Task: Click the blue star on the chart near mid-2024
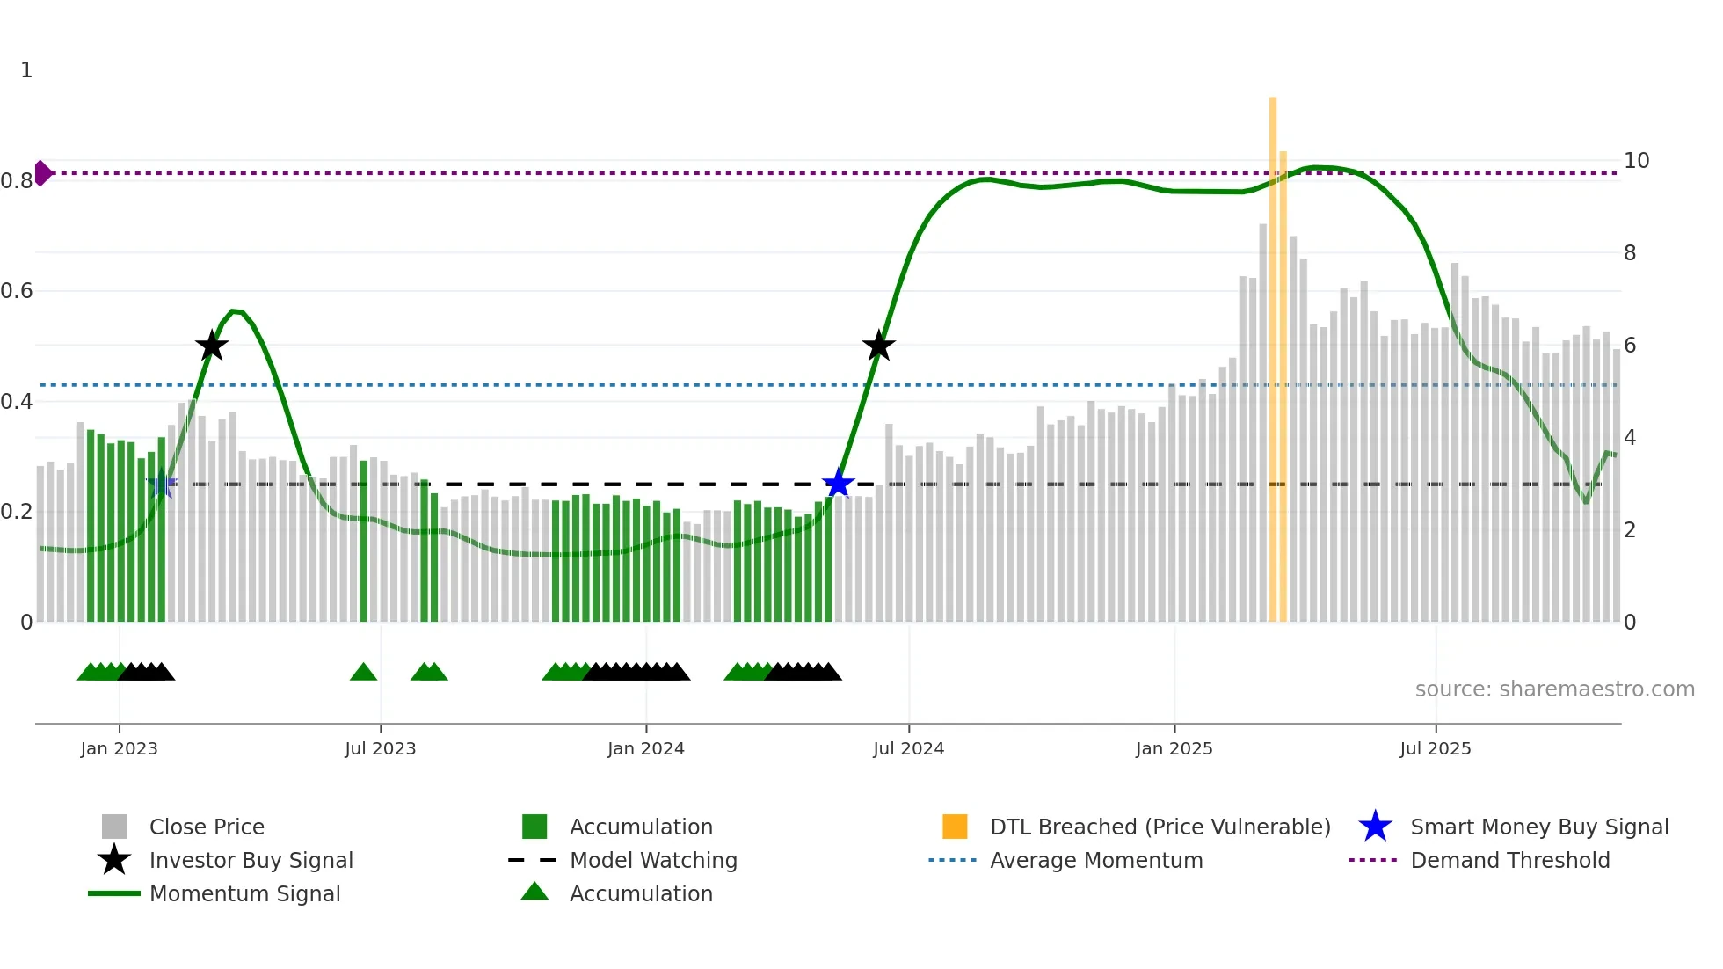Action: click(x=838, y=484)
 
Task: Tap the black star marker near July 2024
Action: click(x=878, y=346)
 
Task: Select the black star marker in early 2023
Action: click(x=211, y=346)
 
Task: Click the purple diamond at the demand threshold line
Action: click(x=42, y=173)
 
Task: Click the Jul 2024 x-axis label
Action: click(x=908, y=749)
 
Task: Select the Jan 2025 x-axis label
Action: click(x=1174, y=749)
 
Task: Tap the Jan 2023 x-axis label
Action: click(x=119, y=749)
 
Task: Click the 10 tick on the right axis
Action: click(x=1636, y=161)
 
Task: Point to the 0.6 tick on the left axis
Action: click(x=17, y=291)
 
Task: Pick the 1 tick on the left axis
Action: click(x=26, y=70)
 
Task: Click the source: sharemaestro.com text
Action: click(x=1554, y=689)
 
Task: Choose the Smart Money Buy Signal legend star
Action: click(x=1375, y=827)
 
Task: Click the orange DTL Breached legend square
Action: click(x=955, y=827)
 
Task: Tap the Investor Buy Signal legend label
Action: click(x=251, y=860)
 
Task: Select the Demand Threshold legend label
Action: click(x=1509, y=860)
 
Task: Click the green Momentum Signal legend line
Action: click(x=114, y=893)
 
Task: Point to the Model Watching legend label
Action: click(x=653, y=860)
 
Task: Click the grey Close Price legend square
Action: click(x=114, y=827)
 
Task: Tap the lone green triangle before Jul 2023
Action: click(x=363, y=672)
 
